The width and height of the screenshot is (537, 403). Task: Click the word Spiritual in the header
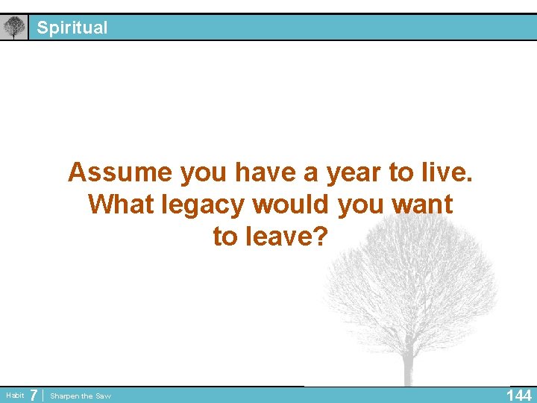pos(72,28)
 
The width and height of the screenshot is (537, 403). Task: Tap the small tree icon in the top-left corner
pos(13,28)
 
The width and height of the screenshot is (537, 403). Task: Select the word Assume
pos(119,172)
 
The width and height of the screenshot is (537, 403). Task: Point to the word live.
pos(445,172)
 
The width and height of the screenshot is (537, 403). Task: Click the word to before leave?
pos(224,236)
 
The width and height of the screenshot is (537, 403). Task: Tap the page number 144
pos(519,396)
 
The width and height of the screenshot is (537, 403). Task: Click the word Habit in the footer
pos(14,395)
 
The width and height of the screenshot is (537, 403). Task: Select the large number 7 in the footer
pos(34,395)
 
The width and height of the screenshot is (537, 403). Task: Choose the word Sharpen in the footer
pos(65,396)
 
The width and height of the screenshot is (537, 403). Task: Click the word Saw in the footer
pos(103,396)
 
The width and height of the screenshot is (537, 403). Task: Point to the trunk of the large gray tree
pos(409,366)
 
